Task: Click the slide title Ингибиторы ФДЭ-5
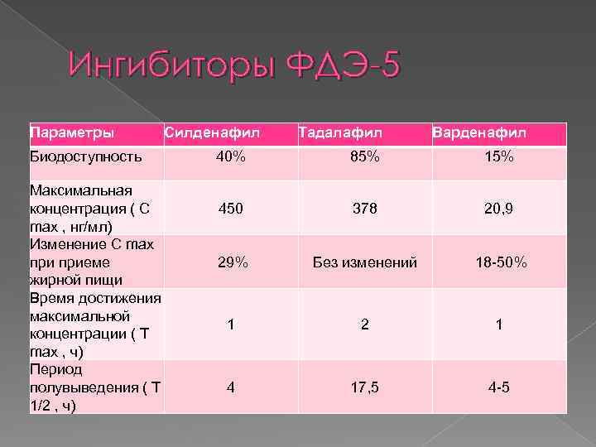click(x=234, y=65)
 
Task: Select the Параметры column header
click(x=72, y=133)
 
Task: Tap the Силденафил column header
click(x=212, y=133)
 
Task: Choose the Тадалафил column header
click(x=340, y=133)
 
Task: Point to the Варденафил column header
click(x=479, y=133)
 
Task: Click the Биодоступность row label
click(x=86, y=156)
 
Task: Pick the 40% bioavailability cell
click(x=231, y=156)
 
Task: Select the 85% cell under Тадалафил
click(x=365, y=156)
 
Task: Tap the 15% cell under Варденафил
click(x=499, y=156)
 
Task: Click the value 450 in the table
click(x=231, y=209)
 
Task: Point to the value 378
click(x=365, y=209)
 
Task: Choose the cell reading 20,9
click(x=499, y=209)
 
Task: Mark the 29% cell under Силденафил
click(x=231, y=262)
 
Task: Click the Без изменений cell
click(x=365, y=262)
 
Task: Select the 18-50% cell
click(x=499, y=262)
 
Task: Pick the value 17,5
click(x=365, y=386)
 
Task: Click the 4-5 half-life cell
click(x=499, y=386)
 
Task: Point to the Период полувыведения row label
click(x=94, y=387)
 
